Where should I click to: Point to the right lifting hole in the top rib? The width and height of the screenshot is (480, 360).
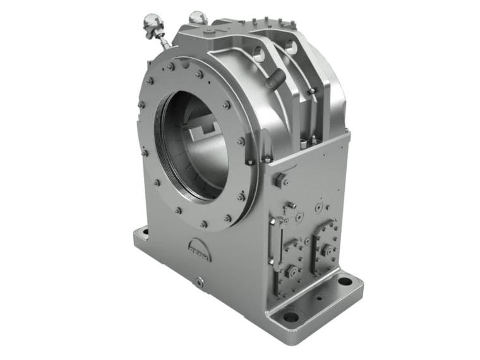point(290,46)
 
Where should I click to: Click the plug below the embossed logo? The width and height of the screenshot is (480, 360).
point(200,282)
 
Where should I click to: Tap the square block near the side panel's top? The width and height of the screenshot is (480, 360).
point(276,181)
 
